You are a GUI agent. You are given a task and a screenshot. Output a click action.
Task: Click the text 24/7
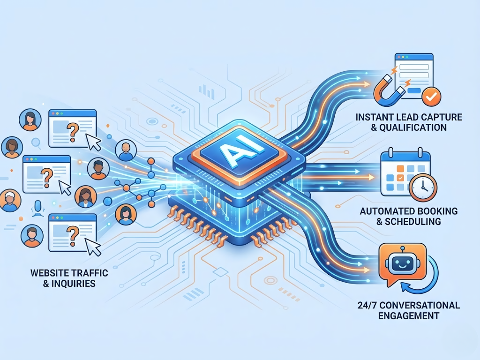367,305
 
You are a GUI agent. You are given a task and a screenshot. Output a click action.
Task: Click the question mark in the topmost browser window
73,131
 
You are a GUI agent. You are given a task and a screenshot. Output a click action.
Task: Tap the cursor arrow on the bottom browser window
96,249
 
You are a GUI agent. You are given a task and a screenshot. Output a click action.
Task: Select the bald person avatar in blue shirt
125,150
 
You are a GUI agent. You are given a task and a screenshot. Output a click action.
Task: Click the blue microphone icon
37,208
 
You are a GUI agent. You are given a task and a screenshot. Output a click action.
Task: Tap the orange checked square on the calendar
399,178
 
